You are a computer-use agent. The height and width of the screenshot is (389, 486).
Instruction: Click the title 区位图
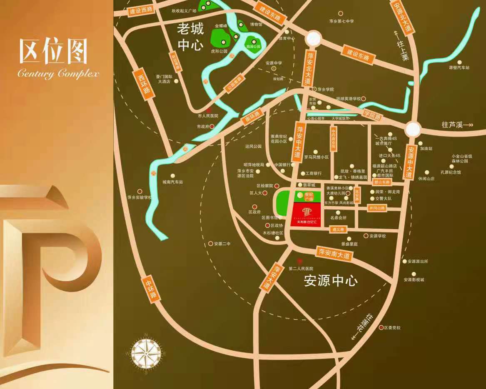(x=53, y=52)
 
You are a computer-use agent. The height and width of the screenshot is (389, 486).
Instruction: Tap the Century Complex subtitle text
(x=58, y=74)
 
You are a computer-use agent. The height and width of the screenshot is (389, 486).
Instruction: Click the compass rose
(x=146, y=354)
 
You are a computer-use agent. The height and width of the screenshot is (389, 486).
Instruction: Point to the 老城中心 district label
(x=190, y=36)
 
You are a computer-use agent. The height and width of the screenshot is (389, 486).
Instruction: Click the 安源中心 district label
(x=331, y=281)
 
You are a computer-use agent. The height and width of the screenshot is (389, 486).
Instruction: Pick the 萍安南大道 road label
(x=334, y=253)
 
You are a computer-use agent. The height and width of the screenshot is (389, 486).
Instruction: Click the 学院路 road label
(x=371, y=115)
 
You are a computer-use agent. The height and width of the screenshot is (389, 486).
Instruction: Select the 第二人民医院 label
(x=301, y=269)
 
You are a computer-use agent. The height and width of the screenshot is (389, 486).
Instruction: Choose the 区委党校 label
(x=392, y=328)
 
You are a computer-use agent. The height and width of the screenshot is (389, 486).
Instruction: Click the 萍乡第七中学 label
(x=341, y=21)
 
